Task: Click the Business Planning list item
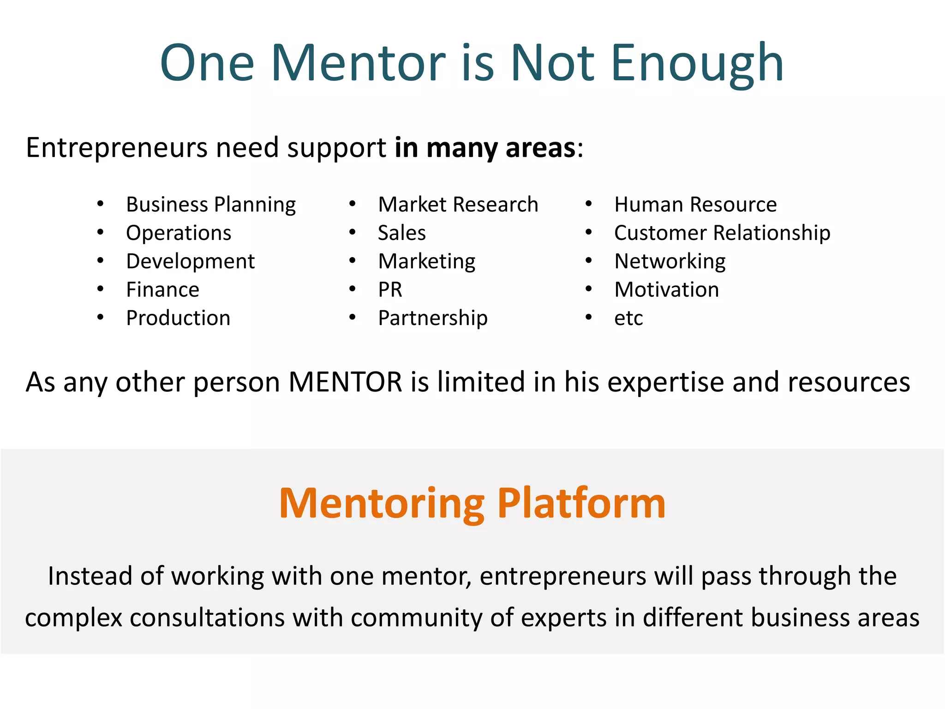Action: coord(211,204)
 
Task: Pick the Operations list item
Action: coord(179,233)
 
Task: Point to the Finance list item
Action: coord(162,290)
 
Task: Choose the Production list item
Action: coord(178,318)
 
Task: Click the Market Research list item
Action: coord(458,204)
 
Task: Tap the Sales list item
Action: coord(402,233)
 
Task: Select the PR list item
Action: coord(390,290)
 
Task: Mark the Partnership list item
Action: coord(433,318)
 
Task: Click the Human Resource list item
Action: coord(695,204)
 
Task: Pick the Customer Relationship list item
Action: coord(722,233)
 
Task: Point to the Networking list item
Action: coord(670,261)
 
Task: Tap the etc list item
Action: coord(628,318)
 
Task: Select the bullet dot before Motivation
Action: coord(589,289)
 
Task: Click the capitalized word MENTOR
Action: coord(346,382)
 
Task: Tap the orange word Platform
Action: coord(581,504)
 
